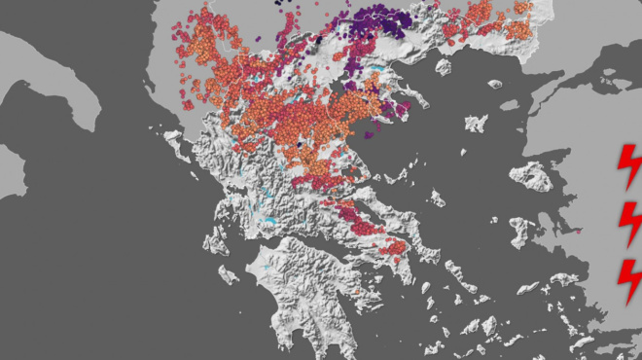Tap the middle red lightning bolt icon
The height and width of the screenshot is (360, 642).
point(630,223)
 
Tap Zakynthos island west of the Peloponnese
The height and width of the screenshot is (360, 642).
point(228,273)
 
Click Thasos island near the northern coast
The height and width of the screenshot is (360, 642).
point(445,67)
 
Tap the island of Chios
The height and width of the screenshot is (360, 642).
point(521,230)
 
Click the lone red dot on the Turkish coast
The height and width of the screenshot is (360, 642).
point(578,232)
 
